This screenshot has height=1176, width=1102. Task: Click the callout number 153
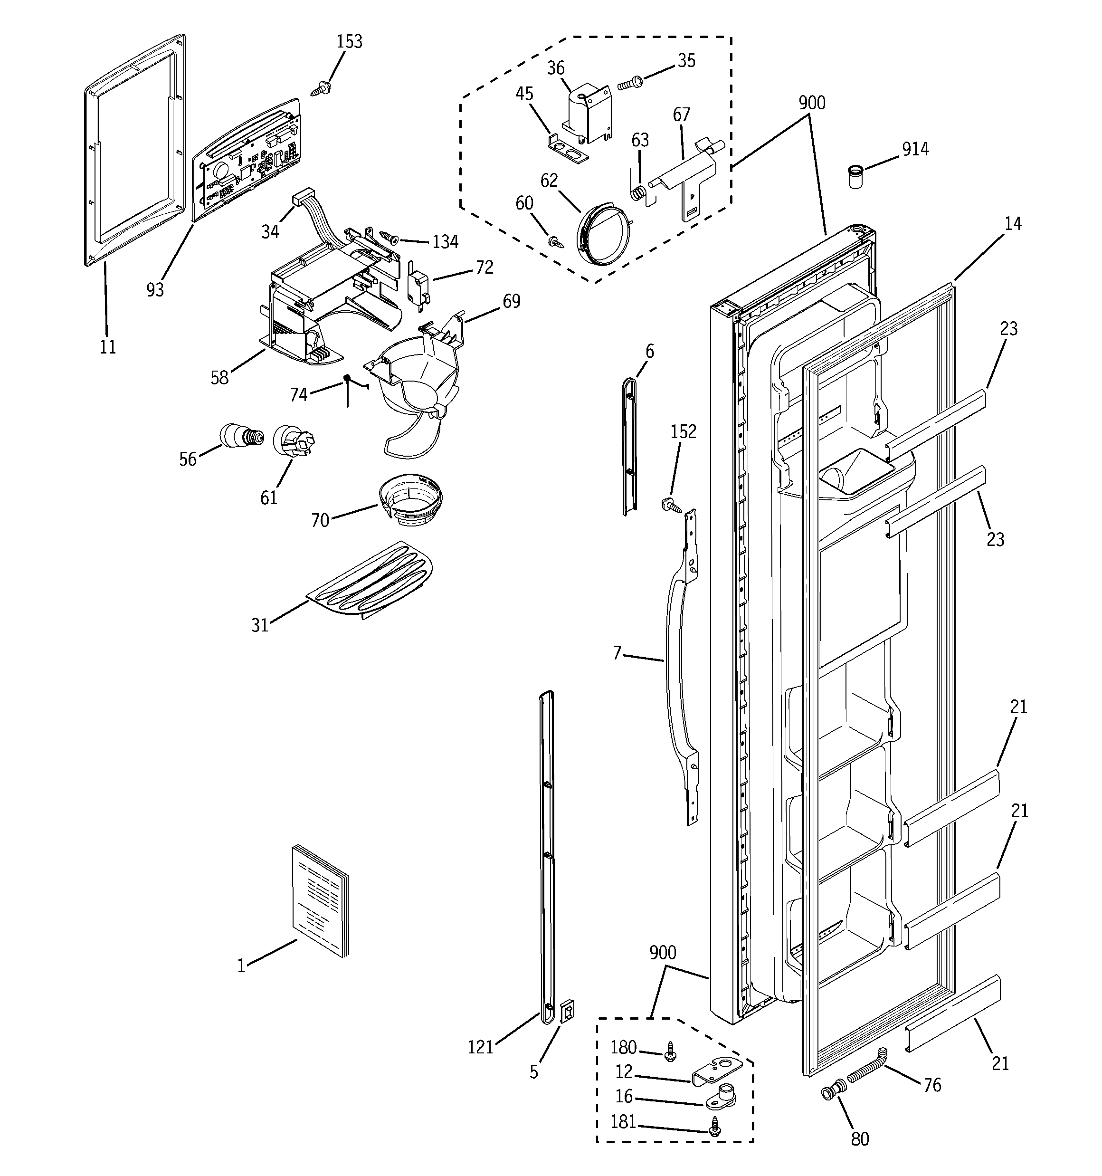(x=349, y=42)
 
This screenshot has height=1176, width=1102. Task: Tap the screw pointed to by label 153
(x=321, y=89)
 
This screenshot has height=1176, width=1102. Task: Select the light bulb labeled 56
(x=241, y=437)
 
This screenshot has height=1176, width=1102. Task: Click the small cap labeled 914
(x=854, y=177)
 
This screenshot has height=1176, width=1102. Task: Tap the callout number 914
(x=915, y=149)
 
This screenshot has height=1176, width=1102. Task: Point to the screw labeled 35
(x=630, y=83)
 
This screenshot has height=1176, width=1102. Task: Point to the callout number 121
(x=480, y=1047)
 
